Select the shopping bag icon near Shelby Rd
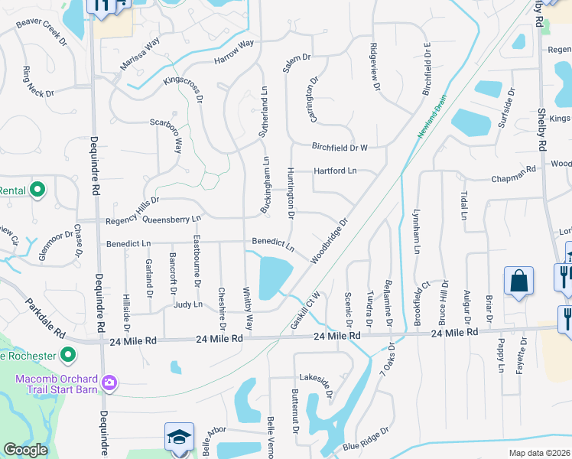pos(518,280)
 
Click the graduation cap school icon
pos(179,438)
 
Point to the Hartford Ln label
pos(335,171)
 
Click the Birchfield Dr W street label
pos(340,147)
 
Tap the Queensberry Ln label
pos(171,219)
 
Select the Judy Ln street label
pos(187,304)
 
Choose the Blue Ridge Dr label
pos(361,446)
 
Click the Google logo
pos(25,450)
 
